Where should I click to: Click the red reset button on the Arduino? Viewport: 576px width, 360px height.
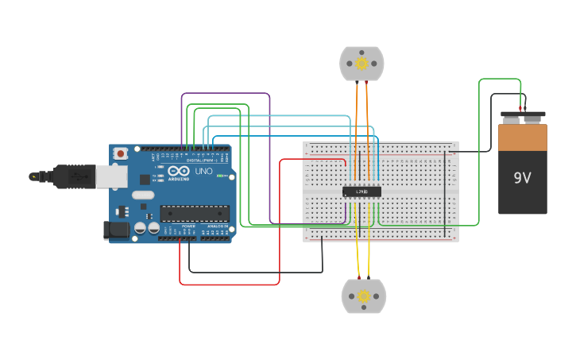point(120,153)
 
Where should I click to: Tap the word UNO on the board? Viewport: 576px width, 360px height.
point(204,171)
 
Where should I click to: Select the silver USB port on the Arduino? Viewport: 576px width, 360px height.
point(111,176)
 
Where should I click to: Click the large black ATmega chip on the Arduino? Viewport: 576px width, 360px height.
point(195,213)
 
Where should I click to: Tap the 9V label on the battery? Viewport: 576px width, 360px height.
point(522,178)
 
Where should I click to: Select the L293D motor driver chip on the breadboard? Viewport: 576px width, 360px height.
point(361,192)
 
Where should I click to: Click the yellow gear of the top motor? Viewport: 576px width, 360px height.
point(361,64)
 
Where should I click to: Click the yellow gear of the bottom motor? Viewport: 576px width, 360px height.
point(363,296)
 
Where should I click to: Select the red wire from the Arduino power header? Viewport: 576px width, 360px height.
point(230,284)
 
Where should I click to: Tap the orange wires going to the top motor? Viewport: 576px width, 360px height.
point(357,111)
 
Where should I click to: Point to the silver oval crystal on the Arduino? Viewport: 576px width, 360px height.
point(143,195)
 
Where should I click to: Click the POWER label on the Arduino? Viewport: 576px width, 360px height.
point(188,226)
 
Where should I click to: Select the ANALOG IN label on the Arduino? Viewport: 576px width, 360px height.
point(215,226)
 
